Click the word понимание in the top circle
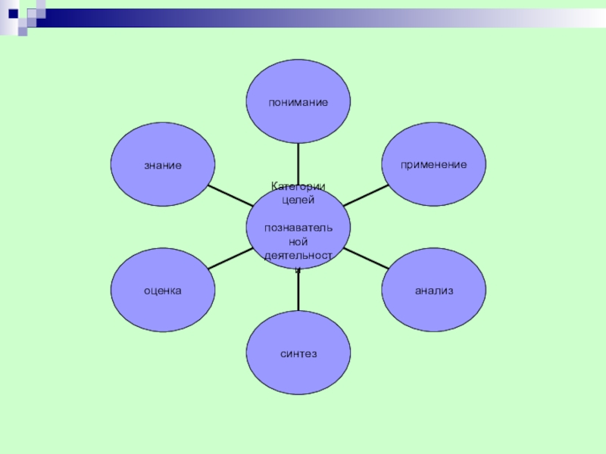298,101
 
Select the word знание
163,164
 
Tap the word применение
434,164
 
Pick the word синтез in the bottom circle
298,353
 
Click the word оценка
163,290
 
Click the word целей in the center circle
298,200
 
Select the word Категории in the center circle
298,186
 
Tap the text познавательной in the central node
298,235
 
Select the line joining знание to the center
230,195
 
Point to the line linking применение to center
365,195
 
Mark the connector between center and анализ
365,258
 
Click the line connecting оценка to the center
230,258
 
